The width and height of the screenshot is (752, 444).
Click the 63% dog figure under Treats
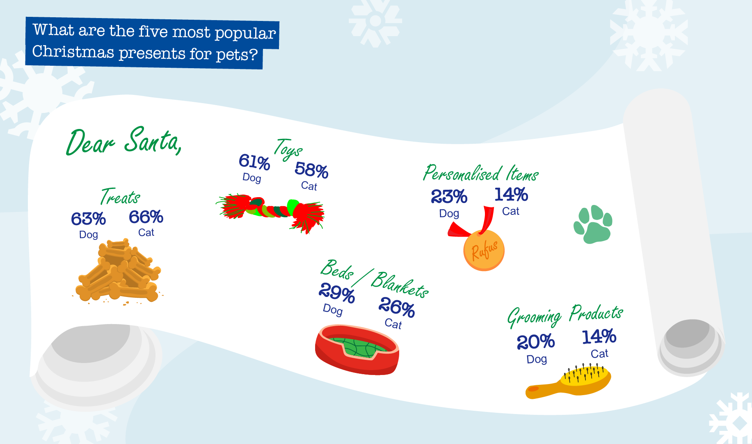click(88, 219)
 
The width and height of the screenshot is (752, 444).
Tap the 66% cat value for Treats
click(146, 217)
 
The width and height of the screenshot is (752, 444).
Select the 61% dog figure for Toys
click(254, 162)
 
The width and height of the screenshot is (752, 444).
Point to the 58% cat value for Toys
click(311, 170)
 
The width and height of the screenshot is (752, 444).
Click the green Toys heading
click(288, 150)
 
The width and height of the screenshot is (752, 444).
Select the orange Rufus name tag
click(484, 250)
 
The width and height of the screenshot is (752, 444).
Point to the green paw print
click(593, 224)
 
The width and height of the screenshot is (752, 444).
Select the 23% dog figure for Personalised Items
click(449, 197)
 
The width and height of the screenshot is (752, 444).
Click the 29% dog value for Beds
click(336, 293)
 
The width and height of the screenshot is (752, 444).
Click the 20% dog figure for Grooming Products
click(535, 342)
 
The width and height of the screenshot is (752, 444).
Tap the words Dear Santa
click(123, 142)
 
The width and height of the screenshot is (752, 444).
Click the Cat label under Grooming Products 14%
click(599, 354)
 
